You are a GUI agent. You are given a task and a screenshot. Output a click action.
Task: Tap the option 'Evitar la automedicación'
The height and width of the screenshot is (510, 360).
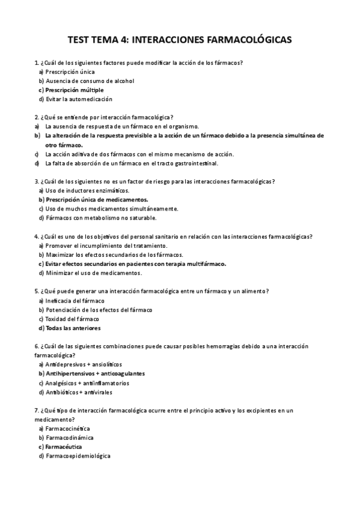(79, 99)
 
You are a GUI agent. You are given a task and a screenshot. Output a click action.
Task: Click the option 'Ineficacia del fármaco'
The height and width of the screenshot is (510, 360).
(75, 300)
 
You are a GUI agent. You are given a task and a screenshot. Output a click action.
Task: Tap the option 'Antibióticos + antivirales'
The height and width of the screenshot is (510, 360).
(83, 392)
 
